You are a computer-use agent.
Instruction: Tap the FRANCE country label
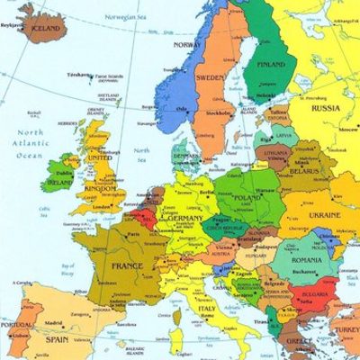[x=127, y=265]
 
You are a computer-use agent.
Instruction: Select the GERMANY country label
[x=186, y=217]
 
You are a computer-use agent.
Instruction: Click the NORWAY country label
[x=187, y=44]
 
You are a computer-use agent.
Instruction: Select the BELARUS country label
[x=304, y=170]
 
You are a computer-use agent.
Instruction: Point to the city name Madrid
[x=53, y=322]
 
